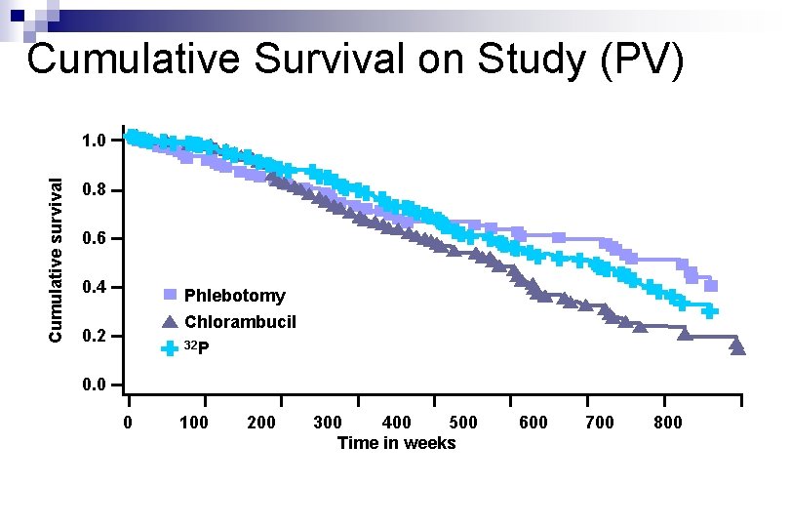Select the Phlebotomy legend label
234,296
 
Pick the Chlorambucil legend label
240,322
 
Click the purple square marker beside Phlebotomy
170,295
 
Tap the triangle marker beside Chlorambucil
170,322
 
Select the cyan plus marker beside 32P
170,347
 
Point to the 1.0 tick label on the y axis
95,142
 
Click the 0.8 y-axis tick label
95,190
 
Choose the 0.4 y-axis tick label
95,288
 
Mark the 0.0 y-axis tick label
95,385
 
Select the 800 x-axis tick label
667,423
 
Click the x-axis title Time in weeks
396,443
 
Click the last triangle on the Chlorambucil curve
737,346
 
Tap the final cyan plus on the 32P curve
710,311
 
